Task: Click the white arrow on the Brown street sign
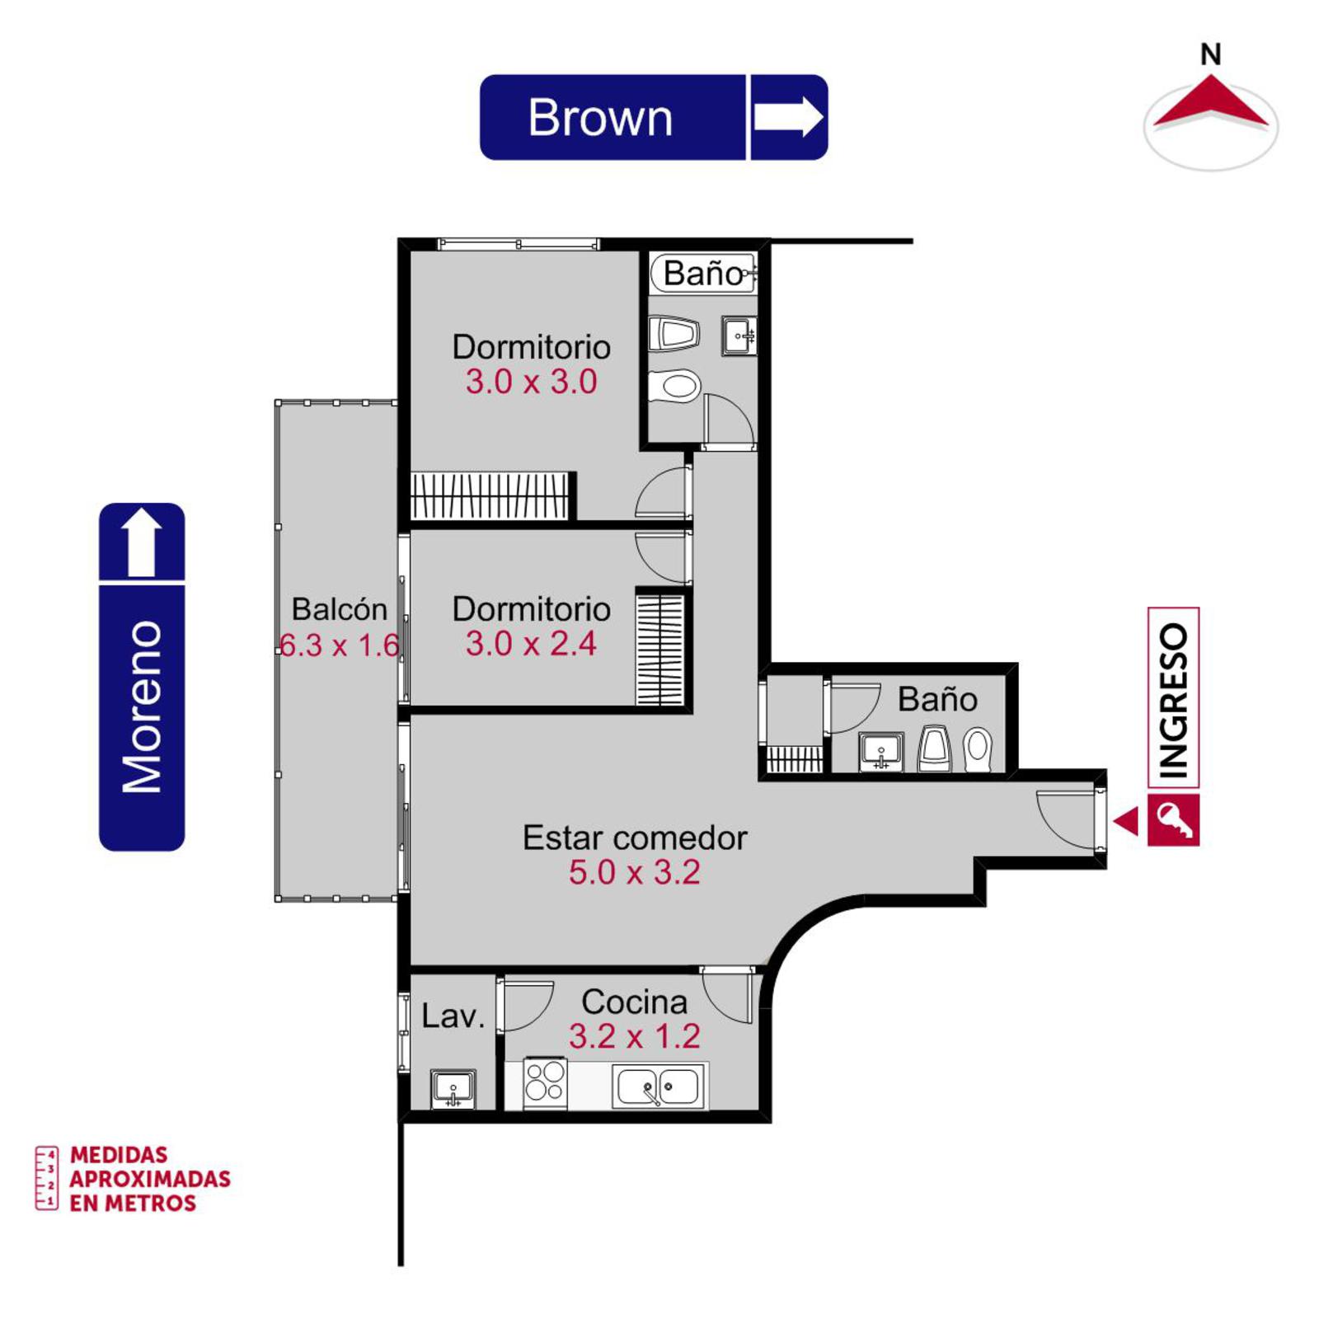788,116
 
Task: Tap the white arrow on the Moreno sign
142,542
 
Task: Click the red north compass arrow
1210,102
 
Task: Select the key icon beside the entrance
1173,820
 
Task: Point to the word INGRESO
1173,699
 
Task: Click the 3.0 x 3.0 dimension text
531,382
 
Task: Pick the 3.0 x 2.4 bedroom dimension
531,644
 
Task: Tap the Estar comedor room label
635,838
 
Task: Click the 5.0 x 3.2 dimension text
634,872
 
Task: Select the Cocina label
634,1002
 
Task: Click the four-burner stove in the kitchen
545,1082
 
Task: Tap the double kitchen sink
659,1086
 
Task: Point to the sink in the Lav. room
453,1088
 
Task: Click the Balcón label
340,609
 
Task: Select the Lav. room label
453,1016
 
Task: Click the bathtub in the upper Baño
702,273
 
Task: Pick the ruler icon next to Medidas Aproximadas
46,1177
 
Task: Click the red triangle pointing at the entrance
1126,821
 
